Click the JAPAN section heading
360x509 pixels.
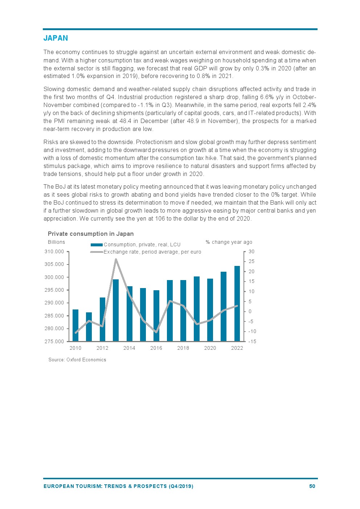pyautogui.click(x=56, y=38)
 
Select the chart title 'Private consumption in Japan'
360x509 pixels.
pyautogui.click(x=91, y=234)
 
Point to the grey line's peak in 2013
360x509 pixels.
pyautogui.click(x=116, y=259)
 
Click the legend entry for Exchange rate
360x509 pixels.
pyautogui.click(x=152, y=252)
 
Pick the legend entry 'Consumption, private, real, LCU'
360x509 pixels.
pyautogui.click(x=142, y=245)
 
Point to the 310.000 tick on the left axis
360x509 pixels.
pyautogui.click(x=54, y=251)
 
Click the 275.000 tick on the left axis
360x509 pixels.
pyautogui.click(x=54, y=341)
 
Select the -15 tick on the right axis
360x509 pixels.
pyautogui.click(x=252, y=341)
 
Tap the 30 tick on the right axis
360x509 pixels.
pyautogui.click(x=251, y=251)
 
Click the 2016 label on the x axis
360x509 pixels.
pyautogui.click(x=156, y=348)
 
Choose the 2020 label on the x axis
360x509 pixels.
pyautogui.click(x=210, y=348)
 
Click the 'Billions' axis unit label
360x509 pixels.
pyautogui.click(x=56, y=242)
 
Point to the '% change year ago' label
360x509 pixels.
pyautogui.click(x=229, y=242)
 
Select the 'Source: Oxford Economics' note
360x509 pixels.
pyautogui.click(x=77, y=360)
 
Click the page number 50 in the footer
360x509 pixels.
pyautogui.click(x=312, y=486)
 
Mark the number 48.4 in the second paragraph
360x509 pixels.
pyautogui.click(x=125, y=121)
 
